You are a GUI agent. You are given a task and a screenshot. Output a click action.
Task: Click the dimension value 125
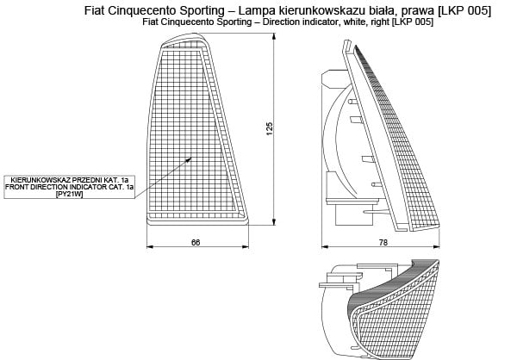(270, 128)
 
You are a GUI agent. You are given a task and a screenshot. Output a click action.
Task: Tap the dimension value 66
(196, 242)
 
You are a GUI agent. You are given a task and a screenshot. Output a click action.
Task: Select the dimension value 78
(383, 242)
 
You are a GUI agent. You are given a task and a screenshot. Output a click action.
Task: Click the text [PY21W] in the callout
(68, 194)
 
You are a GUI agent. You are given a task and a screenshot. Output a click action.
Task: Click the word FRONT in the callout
(18, 186)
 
